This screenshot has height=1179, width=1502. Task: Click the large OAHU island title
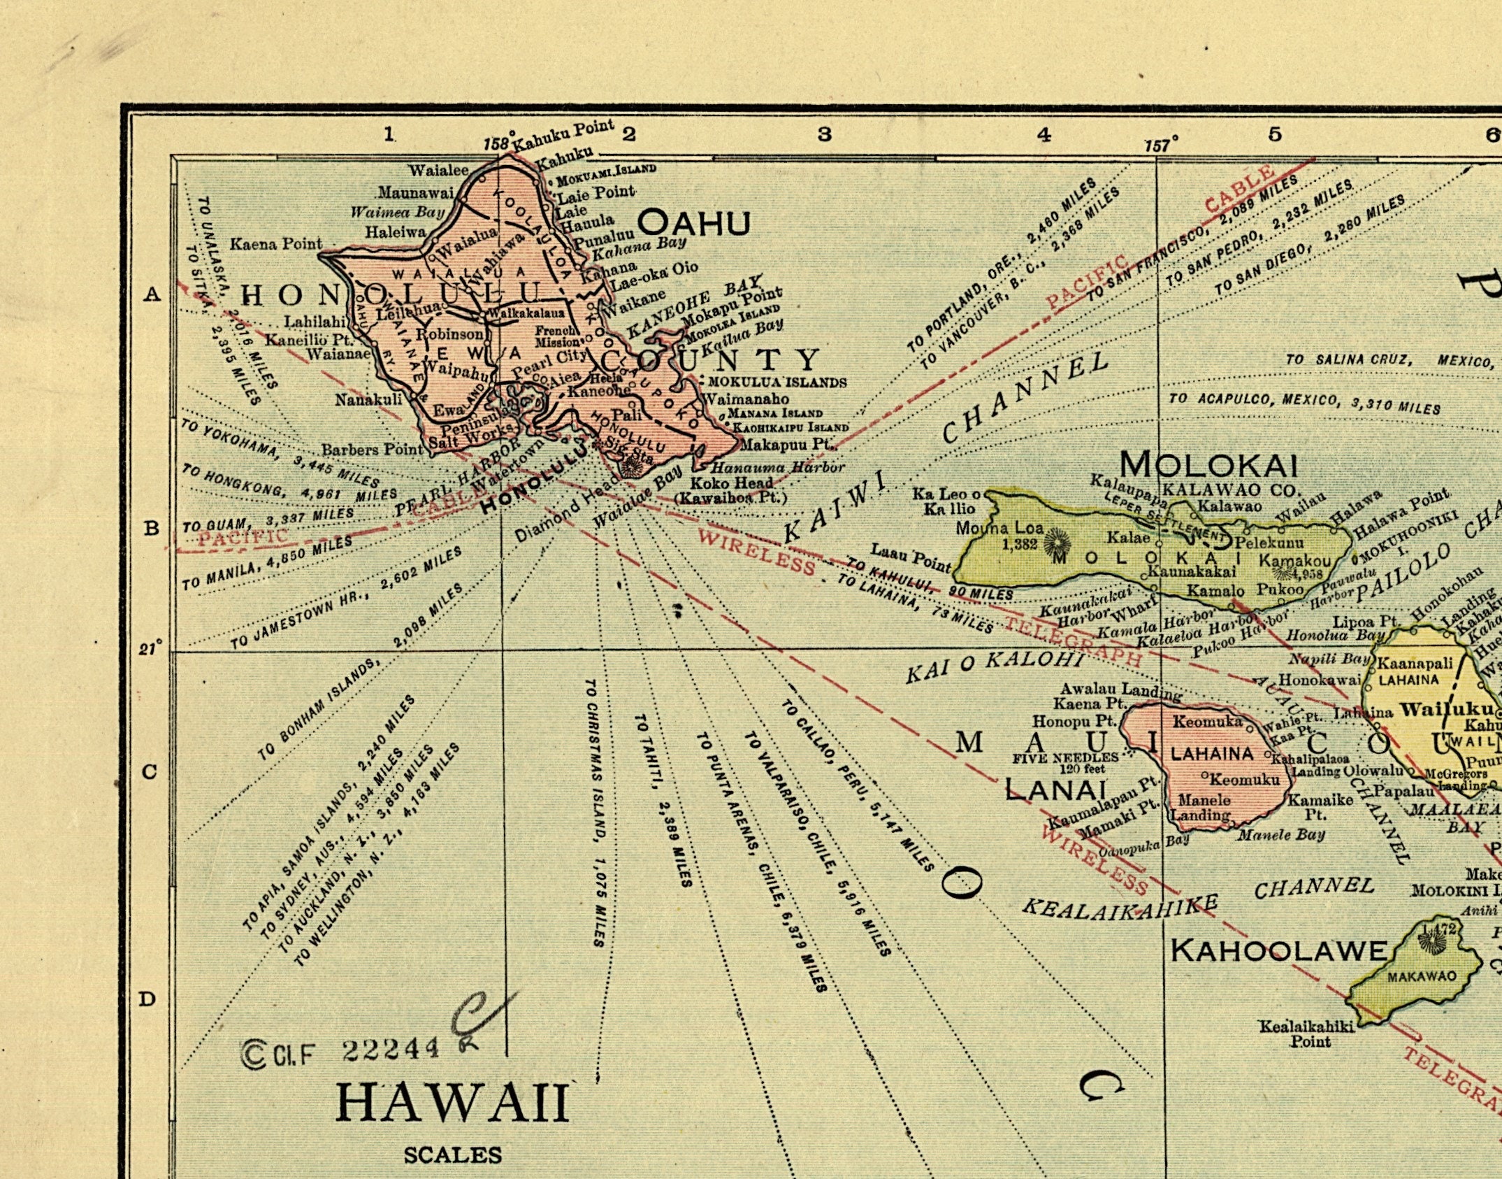(x=694, y=224)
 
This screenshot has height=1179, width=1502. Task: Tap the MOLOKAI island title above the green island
(x=1209, y=464)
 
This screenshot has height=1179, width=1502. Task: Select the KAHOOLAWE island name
(x=1278, y=950)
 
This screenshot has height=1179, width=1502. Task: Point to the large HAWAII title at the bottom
(x=453, y=1103)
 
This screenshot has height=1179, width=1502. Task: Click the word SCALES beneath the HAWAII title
(x=452, y=1155)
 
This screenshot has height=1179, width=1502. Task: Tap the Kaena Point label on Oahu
(x=276, y=244)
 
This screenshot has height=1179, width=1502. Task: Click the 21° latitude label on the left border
(x=150, y=648)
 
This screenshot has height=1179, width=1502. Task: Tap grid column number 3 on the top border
(x=825, y=134)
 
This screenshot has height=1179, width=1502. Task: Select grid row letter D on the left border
(x=147, y=999)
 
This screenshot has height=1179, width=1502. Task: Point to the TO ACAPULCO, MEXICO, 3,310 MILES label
(x=1304, y=403)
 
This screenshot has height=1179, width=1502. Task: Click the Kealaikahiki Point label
(x=1306, y=1033)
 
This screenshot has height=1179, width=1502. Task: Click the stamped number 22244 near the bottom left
(x=391, y=1048)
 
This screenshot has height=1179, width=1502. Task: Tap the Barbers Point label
(x=373, y=450)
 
